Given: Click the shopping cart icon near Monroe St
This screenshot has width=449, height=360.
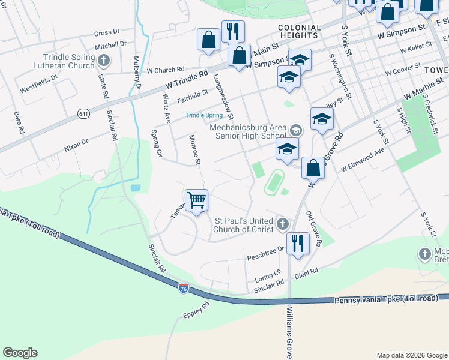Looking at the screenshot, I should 197,200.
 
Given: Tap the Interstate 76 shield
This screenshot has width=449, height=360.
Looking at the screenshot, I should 184,289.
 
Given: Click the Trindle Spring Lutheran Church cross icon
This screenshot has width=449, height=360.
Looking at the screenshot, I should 104,60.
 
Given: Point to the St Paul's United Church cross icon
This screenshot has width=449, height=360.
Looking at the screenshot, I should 282,224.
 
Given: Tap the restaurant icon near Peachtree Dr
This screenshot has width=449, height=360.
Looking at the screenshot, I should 298,242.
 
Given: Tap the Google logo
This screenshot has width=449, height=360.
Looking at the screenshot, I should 20,353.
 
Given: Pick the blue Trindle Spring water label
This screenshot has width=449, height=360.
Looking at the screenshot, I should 203,115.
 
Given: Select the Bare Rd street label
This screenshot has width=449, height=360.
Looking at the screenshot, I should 19,122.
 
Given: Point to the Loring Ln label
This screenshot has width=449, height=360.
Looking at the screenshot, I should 268,277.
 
